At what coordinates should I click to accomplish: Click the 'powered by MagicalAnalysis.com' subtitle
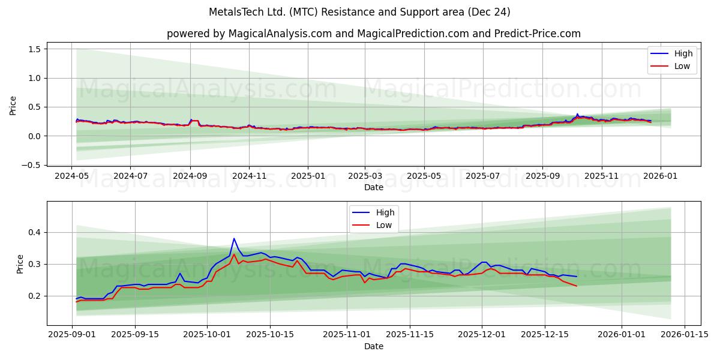[373, 34]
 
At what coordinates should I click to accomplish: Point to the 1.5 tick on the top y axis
[34, 49]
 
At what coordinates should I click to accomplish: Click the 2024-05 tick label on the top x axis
[72, 176]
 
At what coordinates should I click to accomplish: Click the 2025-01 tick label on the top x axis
[307, 176]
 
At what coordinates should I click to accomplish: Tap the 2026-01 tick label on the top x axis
[661, 176]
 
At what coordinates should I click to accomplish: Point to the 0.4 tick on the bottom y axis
[34, 232]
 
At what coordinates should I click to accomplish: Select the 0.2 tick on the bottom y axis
[34, 296]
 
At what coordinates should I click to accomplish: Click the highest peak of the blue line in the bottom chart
[234, 239]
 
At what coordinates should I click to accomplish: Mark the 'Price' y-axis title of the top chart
[13, 105]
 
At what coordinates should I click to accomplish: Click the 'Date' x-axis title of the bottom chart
[373, 346]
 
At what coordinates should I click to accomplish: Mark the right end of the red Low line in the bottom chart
[577, 286]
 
